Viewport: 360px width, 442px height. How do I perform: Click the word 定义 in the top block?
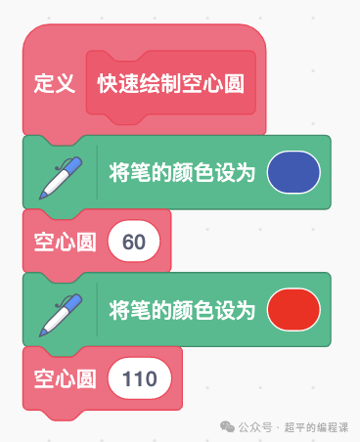click(x=55, y=83)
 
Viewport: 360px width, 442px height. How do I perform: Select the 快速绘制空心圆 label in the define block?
click(x=170, y=83)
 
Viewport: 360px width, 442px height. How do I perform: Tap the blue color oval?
click(x=293, y=172)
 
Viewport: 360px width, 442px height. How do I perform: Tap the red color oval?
click(x=293, y=310)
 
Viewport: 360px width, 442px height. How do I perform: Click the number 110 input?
click(x=140, y=378)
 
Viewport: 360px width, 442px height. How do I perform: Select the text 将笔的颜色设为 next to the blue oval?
click(x=183, y=173)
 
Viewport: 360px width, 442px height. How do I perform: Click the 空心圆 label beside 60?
click(x=66, y=242)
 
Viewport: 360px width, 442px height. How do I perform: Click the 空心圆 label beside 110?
click(x=66, y=378)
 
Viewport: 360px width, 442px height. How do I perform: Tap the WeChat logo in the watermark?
click(x=227, y=426)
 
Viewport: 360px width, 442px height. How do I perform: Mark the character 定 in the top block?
click(x=44, y=83)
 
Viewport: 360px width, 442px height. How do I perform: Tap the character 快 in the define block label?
click(x=108, y=83)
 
